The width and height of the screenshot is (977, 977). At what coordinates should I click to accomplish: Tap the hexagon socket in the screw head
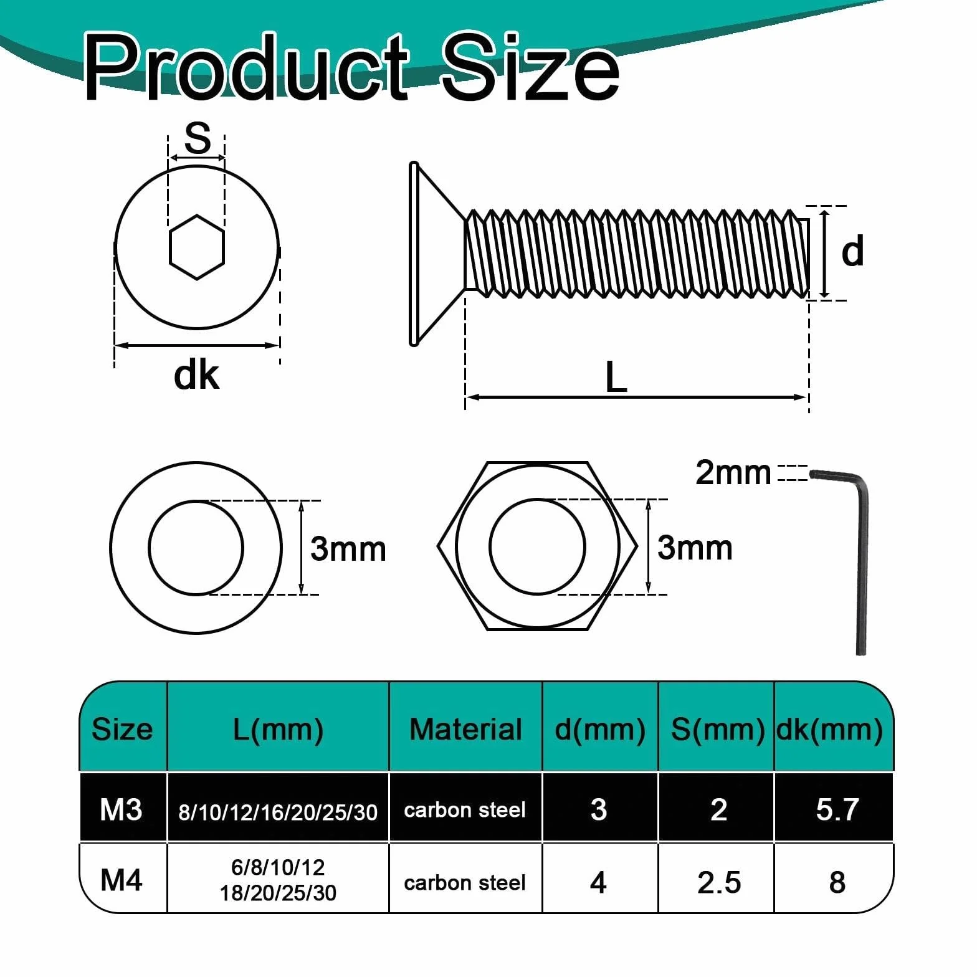click(x=196, y=247)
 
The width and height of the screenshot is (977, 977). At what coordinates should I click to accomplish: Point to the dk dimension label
click(x=196, y=376)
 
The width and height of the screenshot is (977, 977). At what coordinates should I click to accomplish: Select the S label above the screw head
click(x=198, y=138)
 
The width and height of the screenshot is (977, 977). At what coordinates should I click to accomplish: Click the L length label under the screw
click(x=616, y=377)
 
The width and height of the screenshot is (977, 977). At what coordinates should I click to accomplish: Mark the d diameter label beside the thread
click(x=852, y=251)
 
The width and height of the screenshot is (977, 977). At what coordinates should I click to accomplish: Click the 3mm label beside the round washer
click(x=348, y=549)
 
